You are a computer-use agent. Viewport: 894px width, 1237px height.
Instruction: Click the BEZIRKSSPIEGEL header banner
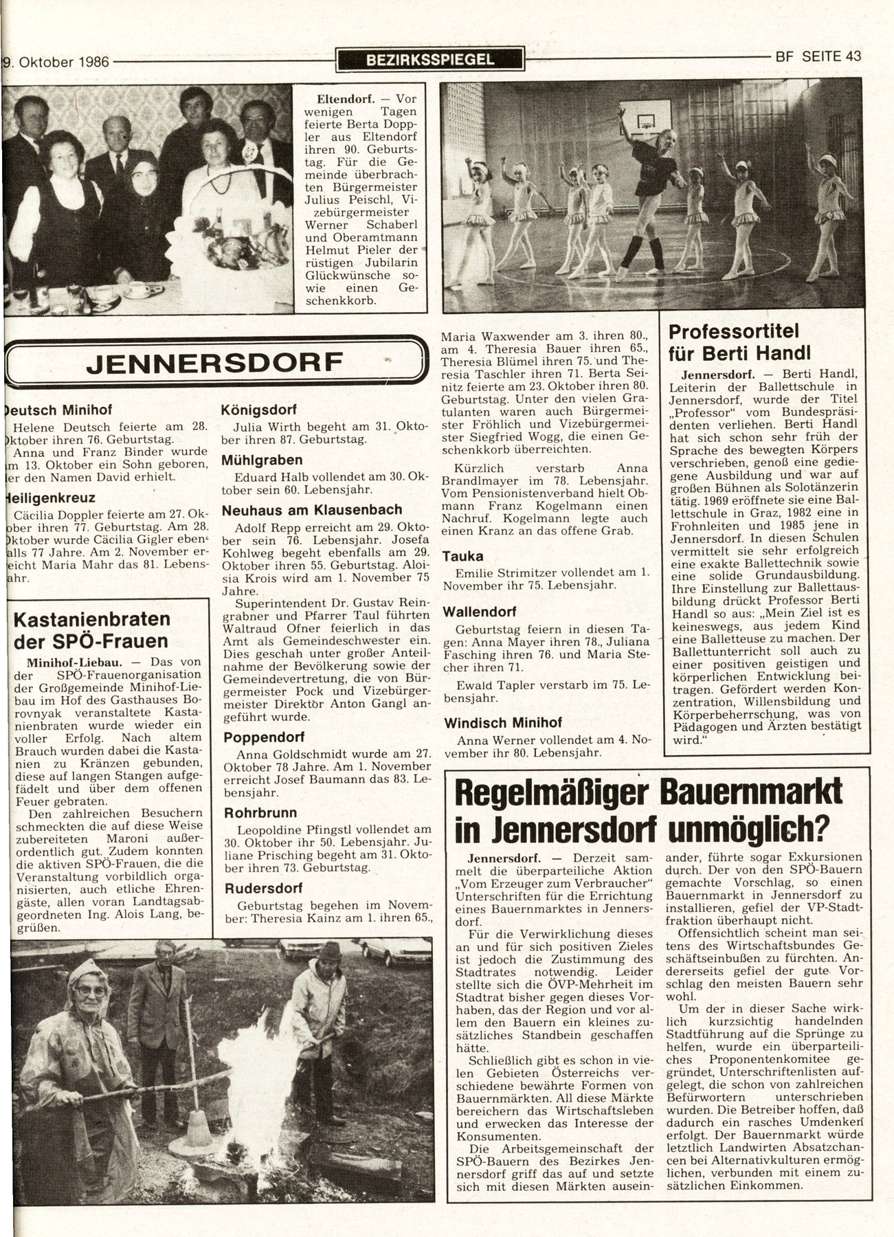(x=430, y=59)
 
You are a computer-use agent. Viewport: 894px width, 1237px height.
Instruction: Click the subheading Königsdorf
(x=258, y=410)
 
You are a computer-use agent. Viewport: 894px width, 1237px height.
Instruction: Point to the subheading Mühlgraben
(x=262, y=460)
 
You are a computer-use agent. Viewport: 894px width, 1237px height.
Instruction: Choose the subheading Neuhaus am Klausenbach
(x=312, y=510)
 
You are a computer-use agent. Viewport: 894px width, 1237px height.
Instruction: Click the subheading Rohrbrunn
(x=257, y=812)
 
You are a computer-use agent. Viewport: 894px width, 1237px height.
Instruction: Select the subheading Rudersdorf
(x=262, y=888)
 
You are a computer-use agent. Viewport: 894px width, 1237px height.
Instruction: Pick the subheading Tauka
(x=462, y=555)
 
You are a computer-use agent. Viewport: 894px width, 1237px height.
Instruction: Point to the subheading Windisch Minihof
(x=502, y=722)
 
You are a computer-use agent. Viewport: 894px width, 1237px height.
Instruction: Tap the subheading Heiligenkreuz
(x=50, y=498)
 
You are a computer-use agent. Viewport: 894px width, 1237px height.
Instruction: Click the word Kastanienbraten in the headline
(x=91, y=618)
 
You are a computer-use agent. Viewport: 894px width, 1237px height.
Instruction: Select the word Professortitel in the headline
(x=733, y=332)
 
